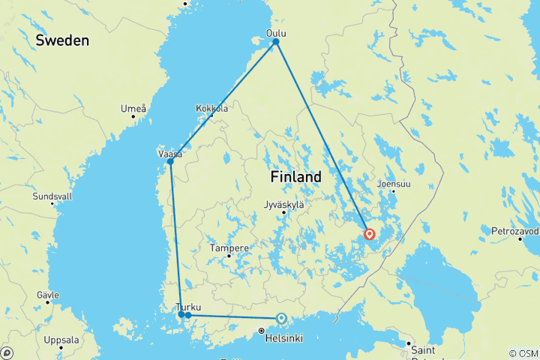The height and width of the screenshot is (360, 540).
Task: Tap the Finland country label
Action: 295,177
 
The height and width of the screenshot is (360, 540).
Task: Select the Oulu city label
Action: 277,33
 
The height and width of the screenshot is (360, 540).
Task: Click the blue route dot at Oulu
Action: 276,41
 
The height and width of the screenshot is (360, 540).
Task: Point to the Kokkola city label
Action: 211,109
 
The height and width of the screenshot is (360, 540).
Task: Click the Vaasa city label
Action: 169,153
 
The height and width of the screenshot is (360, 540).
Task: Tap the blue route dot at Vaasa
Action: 171,161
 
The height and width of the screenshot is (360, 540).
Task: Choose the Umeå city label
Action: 133,109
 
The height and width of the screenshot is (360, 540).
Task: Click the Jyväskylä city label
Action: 284,204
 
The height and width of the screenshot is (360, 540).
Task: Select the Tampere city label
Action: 229,247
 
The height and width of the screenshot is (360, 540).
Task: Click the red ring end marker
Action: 370,234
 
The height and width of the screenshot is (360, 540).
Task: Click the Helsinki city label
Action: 283,338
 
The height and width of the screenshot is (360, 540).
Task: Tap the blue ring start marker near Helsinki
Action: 281,318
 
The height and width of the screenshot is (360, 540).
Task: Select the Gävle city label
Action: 47,295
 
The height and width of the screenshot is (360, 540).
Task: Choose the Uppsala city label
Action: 61,340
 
